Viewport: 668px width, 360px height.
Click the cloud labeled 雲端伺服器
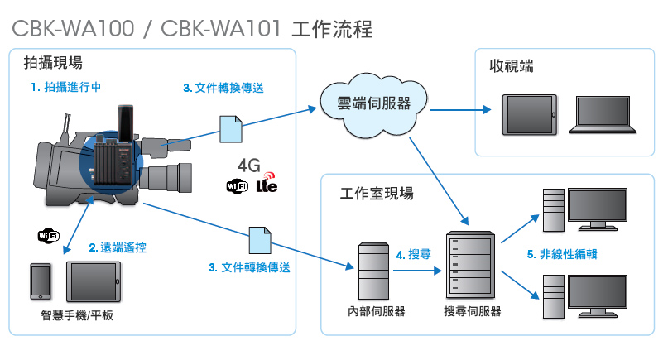pos(373,105)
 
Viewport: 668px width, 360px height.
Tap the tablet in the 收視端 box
pos(530,114)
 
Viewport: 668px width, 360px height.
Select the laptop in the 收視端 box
pos(603,115)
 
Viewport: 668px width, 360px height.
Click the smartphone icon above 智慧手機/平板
pos(41,281)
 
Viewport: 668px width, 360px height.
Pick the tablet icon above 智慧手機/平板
pos(94,281)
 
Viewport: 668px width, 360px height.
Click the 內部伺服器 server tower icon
pos(373,271)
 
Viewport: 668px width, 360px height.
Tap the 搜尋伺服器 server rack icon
pos(470,265)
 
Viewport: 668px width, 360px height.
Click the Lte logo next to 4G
pos(267,183)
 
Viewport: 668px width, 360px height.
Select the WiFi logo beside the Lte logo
pos(238,186)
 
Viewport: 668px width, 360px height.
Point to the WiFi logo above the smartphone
pos(49,236)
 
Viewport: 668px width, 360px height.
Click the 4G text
pos(249,166)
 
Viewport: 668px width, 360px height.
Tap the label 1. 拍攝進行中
pos(66,88)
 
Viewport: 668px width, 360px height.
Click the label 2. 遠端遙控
pos(118,247)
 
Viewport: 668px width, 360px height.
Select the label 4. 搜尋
pos(413,255)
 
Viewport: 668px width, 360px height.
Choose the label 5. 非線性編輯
pos(562,254)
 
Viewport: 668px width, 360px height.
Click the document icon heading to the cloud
pos(231,129)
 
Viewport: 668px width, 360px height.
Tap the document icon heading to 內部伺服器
pos(260,240)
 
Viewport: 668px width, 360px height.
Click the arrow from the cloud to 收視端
pos(460,110)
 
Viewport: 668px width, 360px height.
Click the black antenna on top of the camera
pos(125,123)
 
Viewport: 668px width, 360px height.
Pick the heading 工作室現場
pos(377,194)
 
